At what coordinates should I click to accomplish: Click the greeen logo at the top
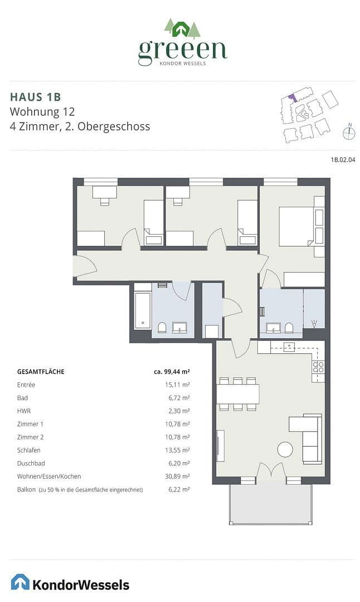click(182, 43)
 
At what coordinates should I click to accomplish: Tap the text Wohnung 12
click(42, 111)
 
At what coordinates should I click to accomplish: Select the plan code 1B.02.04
click(343, 160)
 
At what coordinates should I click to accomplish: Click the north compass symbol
click(349, 133)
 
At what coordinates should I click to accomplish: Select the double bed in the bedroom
click(298, 226)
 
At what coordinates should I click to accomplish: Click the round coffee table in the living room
click(285, 449)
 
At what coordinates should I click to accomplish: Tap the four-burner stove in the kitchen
click(318, 367)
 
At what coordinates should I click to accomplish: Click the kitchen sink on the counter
click(289, 347)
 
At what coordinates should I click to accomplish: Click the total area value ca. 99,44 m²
click(172, 371)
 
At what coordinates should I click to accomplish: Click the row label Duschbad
click(31, 463)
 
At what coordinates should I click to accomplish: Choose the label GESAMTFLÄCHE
click(41, 371)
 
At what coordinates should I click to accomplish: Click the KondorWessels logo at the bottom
click(70, 583)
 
